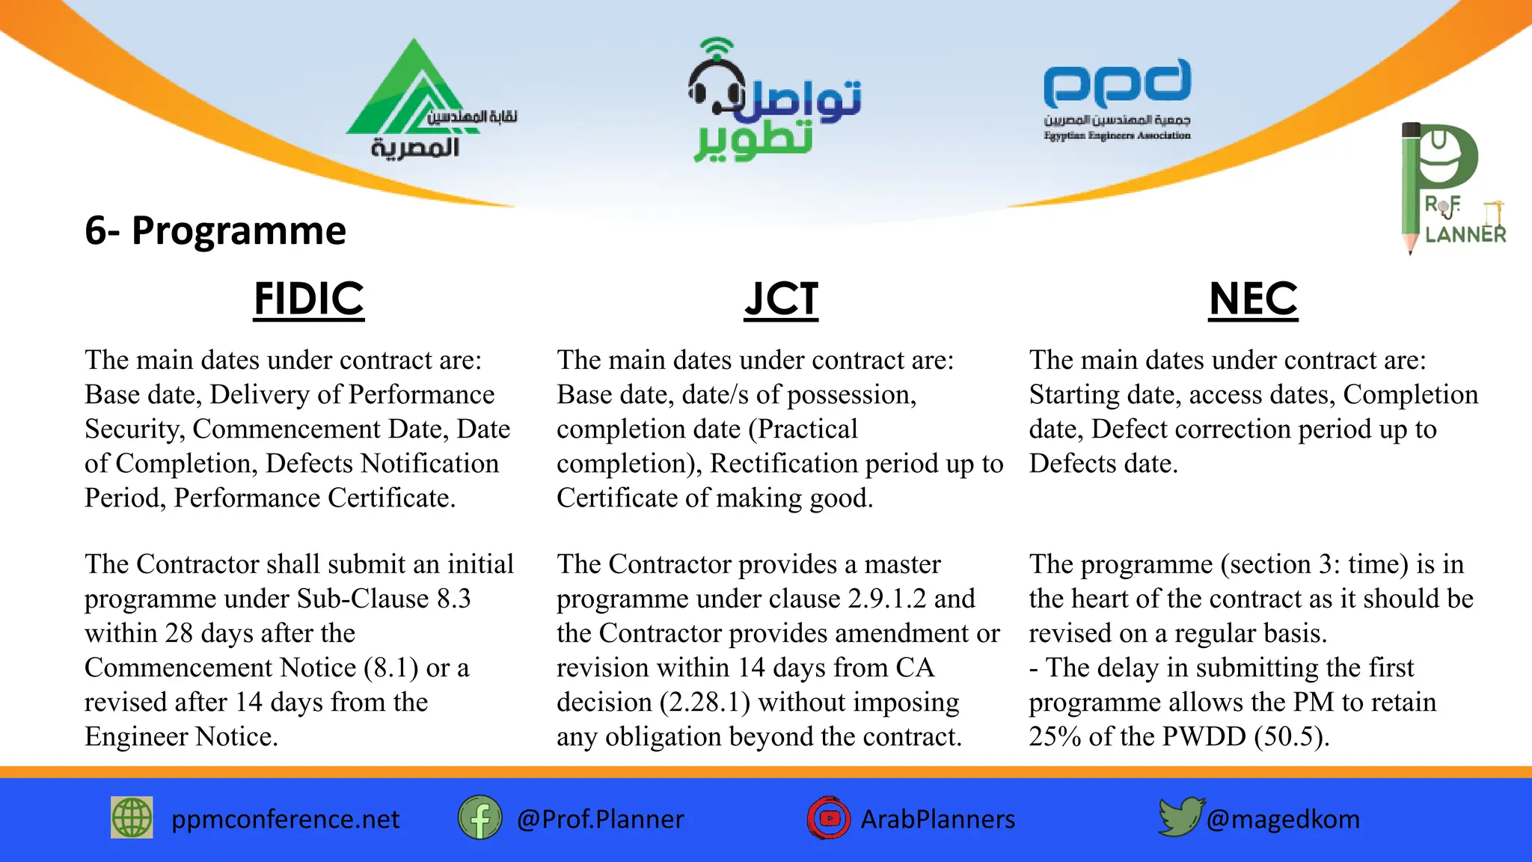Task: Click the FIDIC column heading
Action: (x=308, y=299)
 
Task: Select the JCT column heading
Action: (x=781, y=299)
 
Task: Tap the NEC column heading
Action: (x=1253, y=299)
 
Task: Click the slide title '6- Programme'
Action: (x=215, y=230)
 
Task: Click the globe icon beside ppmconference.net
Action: (x=132, y=818)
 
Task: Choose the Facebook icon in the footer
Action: (x=479, y=818)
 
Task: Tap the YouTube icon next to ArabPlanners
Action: (x=828, y=818)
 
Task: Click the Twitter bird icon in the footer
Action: (x=1180, y=816)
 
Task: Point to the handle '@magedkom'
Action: (x=1283, y=819)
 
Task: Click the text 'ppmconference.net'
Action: (x=285, y=819)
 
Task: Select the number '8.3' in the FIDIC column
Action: (x=453, y=599)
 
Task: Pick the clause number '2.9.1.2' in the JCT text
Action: (x=886, y=599)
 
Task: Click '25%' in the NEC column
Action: (x=1055, y=737)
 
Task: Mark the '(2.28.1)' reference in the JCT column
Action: (x=705, y=703)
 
